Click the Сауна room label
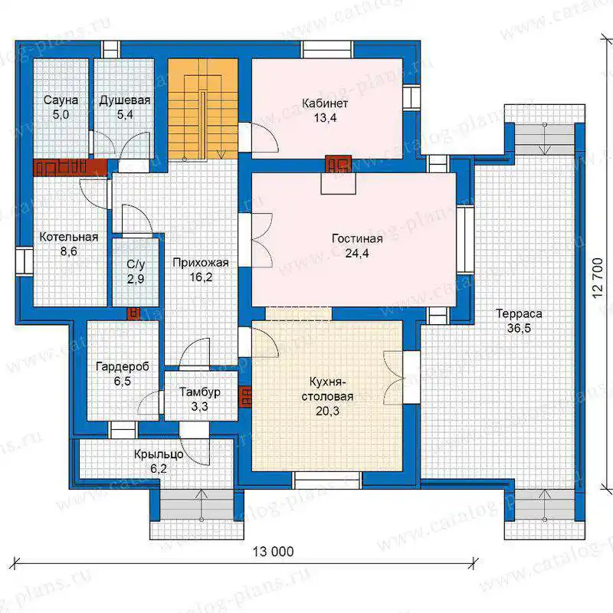click(61, 100)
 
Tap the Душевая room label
click(125, 100)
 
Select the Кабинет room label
click(325, 103)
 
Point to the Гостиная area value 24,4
click(357, 254)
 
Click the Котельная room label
click(69, 237)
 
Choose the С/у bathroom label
click(136, 264)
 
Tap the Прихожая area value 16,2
click(201, 277)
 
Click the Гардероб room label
click(123, 367)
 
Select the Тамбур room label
click(200, 392)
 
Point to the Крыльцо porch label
click(159, 454)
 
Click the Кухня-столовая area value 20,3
click(328, 411)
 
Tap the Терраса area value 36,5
click(520, 328)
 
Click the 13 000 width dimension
click(273, 552)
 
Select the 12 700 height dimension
click(598, 277)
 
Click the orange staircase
click(203, 109)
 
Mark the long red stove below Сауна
click(70, 168)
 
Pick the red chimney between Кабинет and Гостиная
click(338, 164)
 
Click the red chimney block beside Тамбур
click(245, 397)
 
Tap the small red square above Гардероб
click(133, 313)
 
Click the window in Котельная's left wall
click(25, 262)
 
